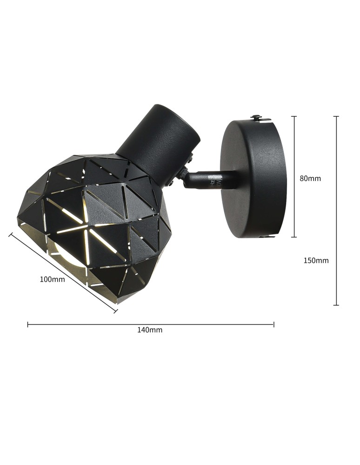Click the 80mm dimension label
310,178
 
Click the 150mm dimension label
316,260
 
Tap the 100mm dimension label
52,279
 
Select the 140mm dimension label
150,330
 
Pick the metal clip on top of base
260,119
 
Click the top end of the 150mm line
336,116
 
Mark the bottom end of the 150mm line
336,305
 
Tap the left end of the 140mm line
28,324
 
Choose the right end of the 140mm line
274,324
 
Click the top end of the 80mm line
294,116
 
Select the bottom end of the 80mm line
294,237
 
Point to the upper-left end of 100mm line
10,234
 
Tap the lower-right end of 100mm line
115,311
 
